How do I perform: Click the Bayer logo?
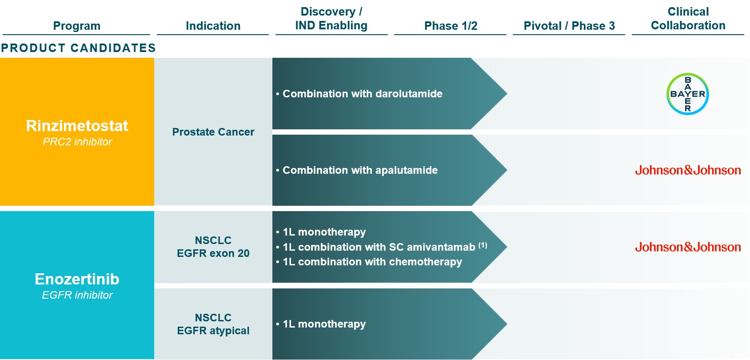[688, 94]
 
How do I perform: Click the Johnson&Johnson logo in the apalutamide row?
[688, 170]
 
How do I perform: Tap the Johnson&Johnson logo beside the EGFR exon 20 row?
[688, 247]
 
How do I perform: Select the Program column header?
[77, 26]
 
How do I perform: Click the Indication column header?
[213, 26]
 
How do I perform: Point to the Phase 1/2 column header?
[451, 26]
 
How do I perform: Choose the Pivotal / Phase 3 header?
[569, 26]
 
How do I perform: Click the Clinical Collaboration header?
[688, 18]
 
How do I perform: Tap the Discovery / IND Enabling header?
[331, 18]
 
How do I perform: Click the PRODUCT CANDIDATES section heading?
[78, 48]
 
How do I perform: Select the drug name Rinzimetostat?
[77, 126]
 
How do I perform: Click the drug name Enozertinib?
[77, 279]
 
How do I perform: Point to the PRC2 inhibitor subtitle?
[77, 142]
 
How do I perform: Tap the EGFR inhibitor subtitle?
[77, 295]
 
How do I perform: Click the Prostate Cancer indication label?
[213, 132]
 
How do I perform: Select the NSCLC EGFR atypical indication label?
[213, 324]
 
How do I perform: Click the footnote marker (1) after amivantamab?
[483, 245]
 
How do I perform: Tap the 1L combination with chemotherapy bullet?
[369, 261]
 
